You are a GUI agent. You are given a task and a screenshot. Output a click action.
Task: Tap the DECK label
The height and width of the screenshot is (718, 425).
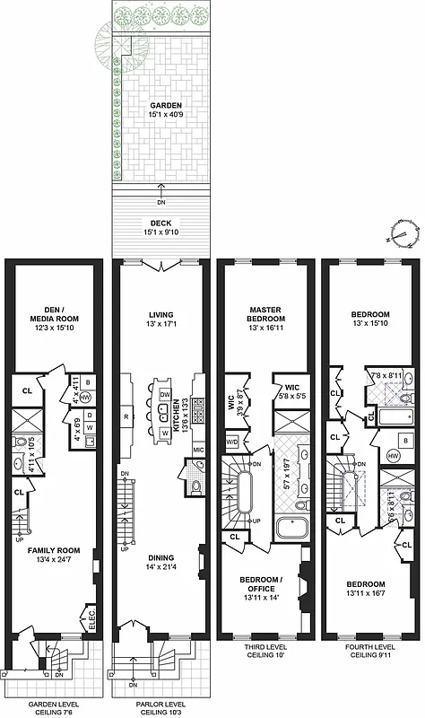tap(161, 224)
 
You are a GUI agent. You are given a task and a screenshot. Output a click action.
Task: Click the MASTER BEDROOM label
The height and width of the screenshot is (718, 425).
tap(265, 319)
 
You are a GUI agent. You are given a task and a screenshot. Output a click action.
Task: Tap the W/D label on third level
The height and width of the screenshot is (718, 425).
tap(233, 442)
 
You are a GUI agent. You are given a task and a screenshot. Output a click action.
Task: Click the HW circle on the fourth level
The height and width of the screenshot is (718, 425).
tap(392, 457)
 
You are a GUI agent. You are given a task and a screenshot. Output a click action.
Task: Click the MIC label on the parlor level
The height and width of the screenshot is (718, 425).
tap(199, 448)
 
